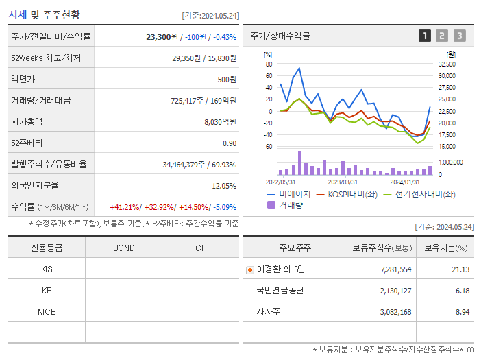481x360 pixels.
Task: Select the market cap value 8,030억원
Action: click(220, 122)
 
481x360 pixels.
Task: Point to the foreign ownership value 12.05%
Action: click(223, 186)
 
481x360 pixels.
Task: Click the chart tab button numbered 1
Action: click(425, 36)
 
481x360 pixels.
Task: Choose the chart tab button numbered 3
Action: click(459, 36)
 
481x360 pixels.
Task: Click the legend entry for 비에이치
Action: click(295, 194)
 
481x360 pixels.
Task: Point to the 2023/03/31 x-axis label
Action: click(343, 182)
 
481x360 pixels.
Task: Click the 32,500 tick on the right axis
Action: click(446, 64)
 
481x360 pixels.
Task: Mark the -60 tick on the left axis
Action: click(268, 147)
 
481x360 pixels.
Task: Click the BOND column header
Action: click(123, 248)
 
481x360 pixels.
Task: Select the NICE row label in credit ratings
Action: click(47, 311)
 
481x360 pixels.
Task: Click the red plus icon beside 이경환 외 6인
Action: click(249, 269)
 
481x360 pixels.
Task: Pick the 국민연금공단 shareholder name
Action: click(280, 290)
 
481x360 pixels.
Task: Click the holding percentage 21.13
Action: click(460, 269)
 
